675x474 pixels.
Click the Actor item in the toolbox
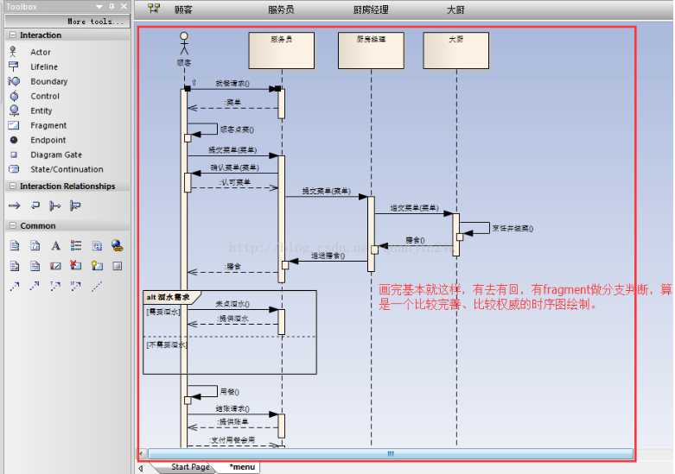pyautogui.click(x=41, y=52)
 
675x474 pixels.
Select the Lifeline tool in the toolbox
pyautogui.click(x=44, y=66)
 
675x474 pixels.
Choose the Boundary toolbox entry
pyautogui.click(x=48, y=81)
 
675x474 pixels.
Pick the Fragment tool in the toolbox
pyautogui.click(x=48, y=125)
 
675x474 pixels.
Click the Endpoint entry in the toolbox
pyautogui.click(x=48, y=140)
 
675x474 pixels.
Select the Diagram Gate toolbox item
pyautogui.click(x=56, y=155)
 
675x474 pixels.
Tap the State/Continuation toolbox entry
pyautogui.click(x=67, y=169)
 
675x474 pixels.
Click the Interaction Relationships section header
pyautogui.click(x=67, y=186)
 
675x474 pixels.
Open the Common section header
pyautogui.click(x=38, y=225)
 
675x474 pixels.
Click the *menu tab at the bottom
pyautogui.click(x=241, y=467)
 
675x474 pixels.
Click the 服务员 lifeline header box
pyautogui.click(x=281, y=50)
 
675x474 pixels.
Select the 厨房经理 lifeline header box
pyautogui.click(x=371, y=50)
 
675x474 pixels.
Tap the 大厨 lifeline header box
pyautogui.click(x=455, y=50)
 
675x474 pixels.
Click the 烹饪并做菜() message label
pyautogui.click(x=512, y=229)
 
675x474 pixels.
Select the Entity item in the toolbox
pyautogui.click(x=41, y=111)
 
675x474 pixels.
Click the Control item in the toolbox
pyautogui.click(x=45, y=96)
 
